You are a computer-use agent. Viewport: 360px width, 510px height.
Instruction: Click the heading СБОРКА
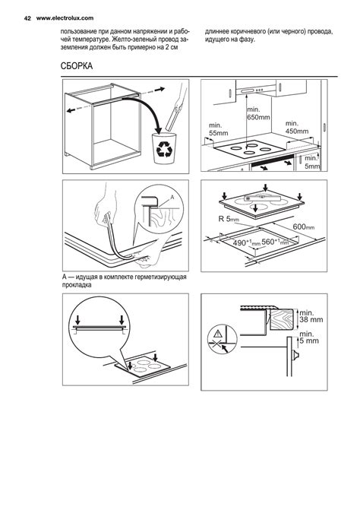tap(77, 66)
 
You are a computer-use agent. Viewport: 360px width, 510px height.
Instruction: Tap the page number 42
tap(27, 18)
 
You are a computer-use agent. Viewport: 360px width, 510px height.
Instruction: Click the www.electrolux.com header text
tap(65, 18)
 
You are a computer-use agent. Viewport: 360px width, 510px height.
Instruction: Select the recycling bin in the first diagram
tap(164, 148)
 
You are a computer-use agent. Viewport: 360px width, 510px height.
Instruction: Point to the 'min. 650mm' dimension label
tap(259, 113)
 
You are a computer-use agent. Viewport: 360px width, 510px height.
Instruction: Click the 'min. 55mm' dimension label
tap(218, 129)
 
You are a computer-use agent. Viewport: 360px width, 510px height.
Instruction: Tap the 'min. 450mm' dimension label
tap(297, 128)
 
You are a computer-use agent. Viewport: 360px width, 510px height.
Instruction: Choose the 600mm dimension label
tap(304, 226)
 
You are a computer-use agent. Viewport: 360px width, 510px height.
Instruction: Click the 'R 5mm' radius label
tap(229, 219)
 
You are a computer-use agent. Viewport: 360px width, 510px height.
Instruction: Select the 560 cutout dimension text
tap(275, 242)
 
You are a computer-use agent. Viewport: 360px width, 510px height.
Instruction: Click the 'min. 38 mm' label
tap(311, 316)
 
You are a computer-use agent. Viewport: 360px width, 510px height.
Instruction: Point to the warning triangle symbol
tap(218, 334)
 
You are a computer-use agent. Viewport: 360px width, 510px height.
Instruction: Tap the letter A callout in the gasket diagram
tap(172, 198)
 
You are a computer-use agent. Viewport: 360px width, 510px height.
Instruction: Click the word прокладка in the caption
tap(77, 285)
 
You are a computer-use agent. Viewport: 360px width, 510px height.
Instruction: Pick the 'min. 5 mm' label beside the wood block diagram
tap(309, 337)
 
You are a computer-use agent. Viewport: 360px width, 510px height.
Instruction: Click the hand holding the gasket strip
tap(106, 207)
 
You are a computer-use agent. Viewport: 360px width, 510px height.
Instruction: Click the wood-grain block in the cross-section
tap(283, 319)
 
